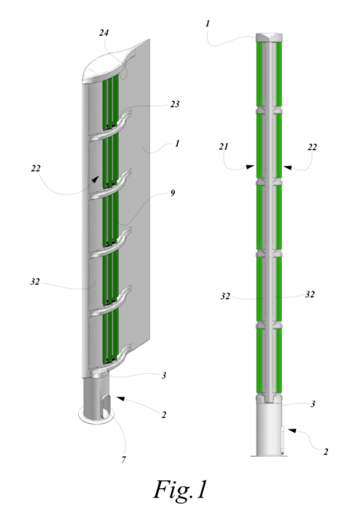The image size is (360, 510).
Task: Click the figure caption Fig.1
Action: pyautogui.click(x=180, y=490)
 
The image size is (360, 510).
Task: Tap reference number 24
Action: pyautogui.click(x=104, y=33)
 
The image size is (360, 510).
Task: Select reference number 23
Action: pyautogui.click(x=175, y=104)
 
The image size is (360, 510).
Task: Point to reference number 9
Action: pyautogui.click(x=173, y=193)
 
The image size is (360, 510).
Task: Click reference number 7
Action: pyautogui.click(x=124, y=460)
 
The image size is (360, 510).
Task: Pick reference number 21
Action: pyautogui.click(x=224, y=146)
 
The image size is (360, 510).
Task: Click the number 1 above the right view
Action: pyautogui.click(x=208, y=24)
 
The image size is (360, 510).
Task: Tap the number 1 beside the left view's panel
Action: pyautogui.click(x=177, y=144)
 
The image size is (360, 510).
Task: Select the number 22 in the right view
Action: pyautogui.click(x=312, y=147)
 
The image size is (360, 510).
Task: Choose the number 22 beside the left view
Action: pyautogui.click(x=36, y=168)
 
